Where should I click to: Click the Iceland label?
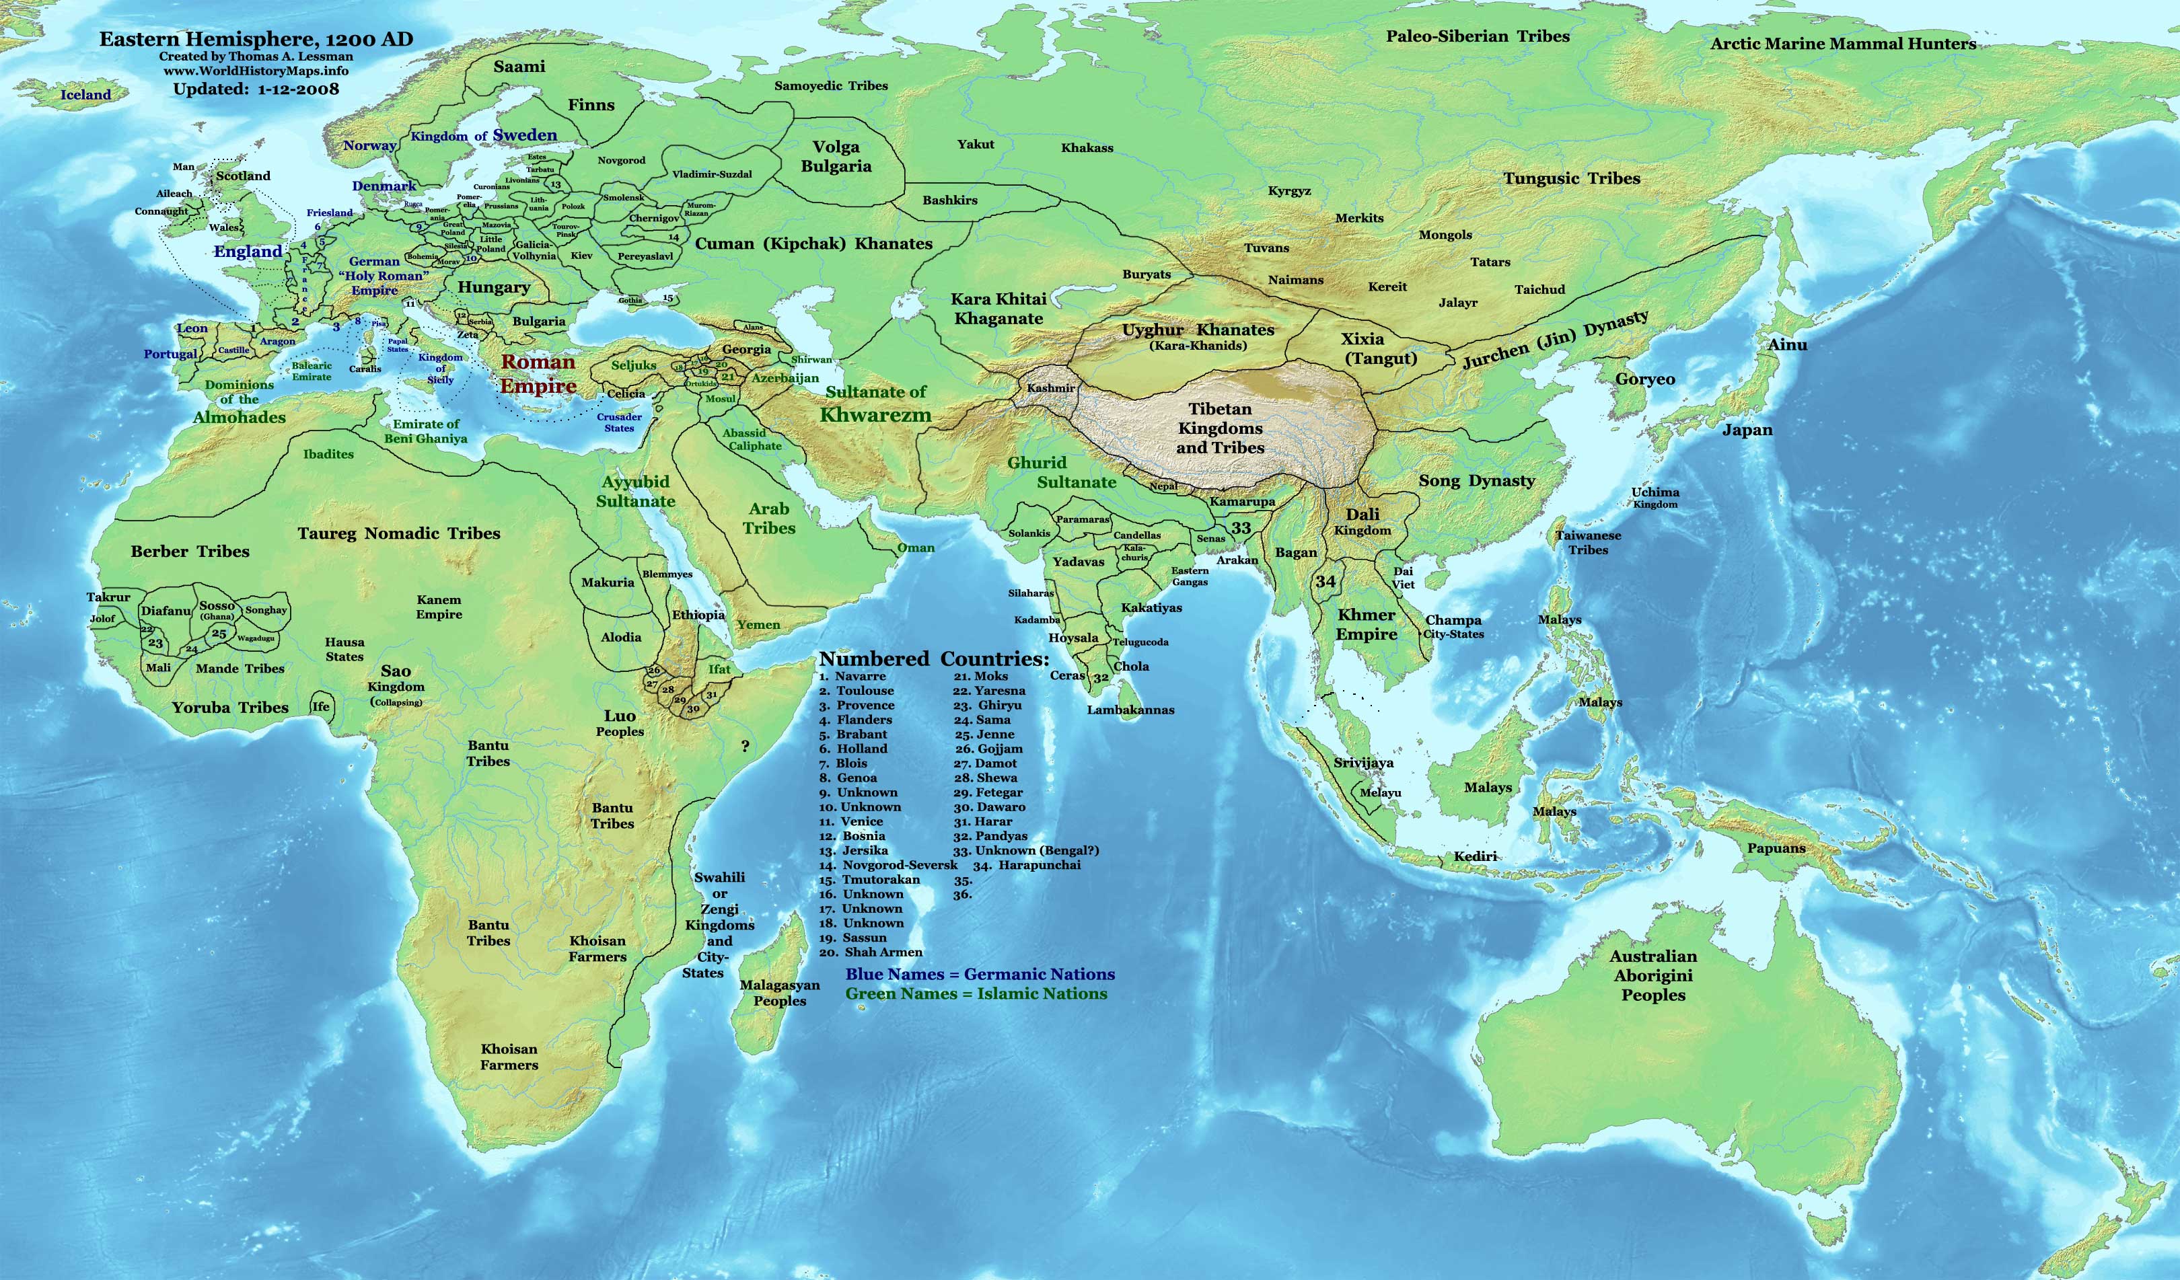tap(85, 95)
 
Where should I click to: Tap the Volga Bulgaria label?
tap(836, 157)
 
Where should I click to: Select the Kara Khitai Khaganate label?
tap(998, 309)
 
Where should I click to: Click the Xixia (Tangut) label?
tap(1379, 348)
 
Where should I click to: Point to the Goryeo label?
tap(1644, 379)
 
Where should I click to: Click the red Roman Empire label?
tap(538, 373)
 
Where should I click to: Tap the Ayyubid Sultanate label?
tap(636, 491)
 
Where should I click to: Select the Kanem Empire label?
tap(439, 606)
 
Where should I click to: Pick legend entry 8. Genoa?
tap(848, 778)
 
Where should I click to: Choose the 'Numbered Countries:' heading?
tap(935, 659)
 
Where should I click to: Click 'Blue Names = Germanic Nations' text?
tap(980, 974)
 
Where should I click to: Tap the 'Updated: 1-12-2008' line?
tap(256, 88)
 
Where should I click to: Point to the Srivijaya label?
tap(1363, 763)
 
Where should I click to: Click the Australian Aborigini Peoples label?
tap(1653, 975)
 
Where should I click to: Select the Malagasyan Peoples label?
tap(779, 993)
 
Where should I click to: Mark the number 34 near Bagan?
tap(1325, 581)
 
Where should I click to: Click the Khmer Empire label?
tap(1367, 624)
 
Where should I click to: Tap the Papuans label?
tap(1776, 848)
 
